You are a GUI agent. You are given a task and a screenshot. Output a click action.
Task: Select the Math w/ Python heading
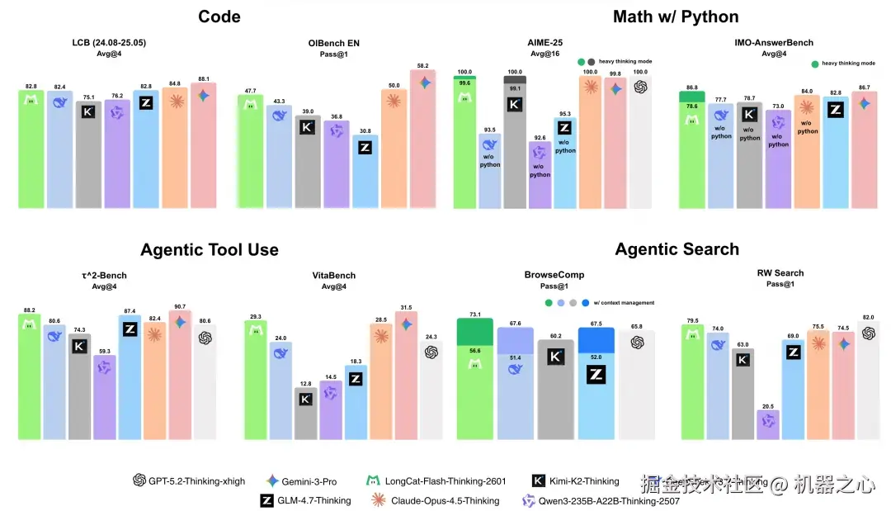click(x=676, y=17)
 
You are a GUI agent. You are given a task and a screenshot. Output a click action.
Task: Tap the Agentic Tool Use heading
click(x=210, y=249)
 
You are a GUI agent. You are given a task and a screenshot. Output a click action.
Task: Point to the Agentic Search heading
click(x=677, y=249)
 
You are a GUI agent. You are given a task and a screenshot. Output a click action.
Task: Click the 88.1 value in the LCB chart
click(x=204, y=79)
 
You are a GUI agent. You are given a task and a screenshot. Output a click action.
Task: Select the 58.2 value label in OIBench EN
click(x=424, y=65)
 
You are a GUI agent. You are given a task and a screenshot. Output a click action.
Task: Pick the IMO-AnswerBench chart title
click(x=774, y=43)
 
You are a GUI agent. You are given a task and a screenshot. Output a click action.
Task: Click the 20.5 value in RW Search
click(x=768, y=405)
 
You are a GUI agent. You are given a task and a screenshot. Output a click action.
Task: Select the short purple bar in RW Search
click(x=768, y=425)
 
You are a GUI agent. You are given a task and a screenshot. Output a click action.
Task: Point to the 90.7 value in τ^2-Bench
click(x=181, y=307)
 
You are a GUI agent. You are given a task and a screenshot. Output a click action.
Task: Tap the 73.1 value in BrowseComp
click(x=474, y=315)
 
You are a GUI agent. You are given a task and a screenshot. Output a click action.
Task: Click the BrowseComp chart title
click(x=546, y=276)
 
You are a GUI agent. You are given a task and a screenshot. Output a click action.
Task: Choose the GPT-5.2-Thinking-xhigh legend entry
click(x=189, y=481)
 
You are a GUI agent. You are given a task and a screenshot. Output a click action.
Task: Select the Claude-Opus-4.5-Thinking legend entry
click(x=435, y=500)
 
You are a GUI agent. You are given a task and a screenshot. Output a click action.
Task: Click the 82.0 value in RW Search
click(x=868, y=317)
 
